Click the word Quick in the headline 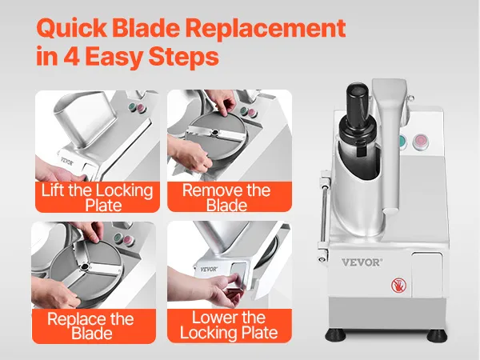71,28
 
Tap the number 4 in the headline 71,56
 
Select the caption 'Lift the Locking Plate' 98,198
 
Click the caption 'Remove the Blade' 226,198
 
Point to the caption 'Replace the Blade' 91,326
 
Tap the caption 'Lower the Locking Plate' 229,325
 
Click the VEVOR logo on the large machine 362,262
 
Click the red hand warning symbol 398,286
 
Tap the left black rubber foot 335,335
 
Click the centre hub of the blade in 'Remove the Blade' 215,132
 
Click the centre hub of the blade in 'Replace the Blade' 83,267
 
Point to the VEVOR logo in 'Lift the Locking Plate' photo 67,162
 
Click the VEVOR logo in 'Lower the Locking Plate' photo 209,269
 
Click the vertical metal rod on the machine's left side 323,214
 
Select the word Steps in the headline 184,57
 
